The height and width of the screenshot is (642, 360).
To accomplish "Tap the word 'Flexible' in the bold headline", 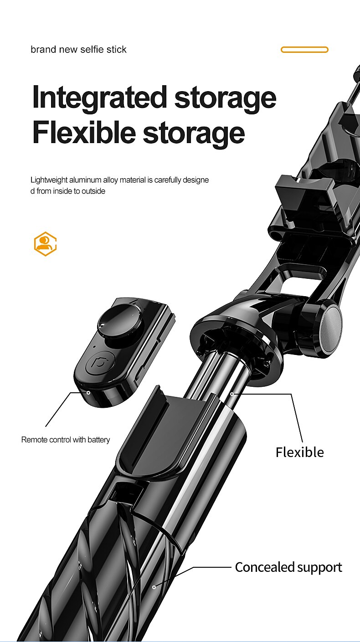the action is tap(84, 133).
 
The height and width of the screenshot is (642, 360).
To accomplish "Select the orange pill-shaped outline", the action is tap(304, 50).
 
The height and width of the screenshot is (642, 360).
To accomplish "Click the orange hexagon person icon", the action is tap(45, 244).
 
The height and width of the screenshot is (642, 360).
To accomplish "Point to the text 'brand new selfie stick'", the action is tap(78, 49).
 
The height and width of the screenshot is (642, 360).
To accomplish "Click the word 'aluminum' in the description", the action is tap(85, 180).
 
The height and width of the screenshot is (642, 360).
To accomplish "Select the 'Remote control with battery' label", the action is tap(66, 440).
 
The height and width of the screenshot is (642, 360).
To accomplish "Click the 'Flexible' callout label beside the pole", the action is tap(300, 452).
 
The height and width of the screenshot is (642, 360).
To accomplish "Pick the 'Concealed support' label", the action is tap(288, 567).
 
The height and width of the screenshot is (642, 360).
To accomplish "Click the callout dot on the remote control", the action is tap(88, 392).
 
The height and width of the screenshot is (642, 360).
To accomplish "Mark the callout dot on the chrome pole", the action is tap(232, 394).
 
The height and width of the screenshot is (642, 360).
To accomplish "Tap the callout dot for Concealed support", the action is tap(154, 587).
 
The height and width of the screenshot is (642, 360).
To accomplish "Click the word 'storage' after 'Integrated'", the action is tap(226, 99).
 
